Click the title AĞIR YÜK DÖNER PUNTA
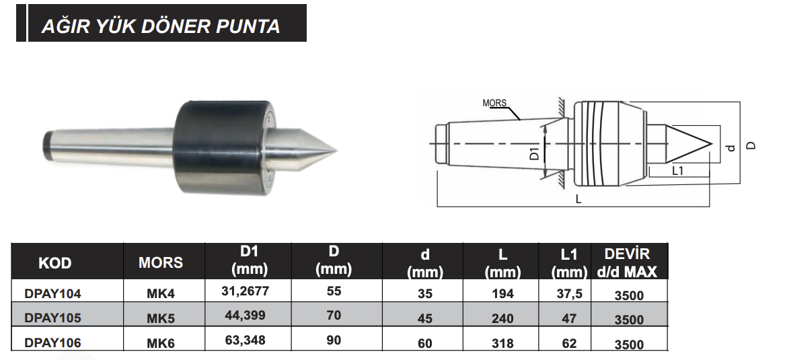click(x=161, y=26)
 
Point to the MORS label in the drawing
click(x=494, y=104)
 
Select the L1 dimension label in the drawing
click(x=678, y=171)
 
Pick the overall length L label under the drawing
click(x=578, y=200)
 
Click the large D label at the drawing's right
click(x=751, y=145)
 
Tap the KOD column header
click(x=55, y=262)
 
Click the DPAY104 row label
click(x=52, y=293)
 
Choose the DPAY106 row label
click(x=52, y=343)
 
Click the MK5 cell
click(x=161, y=318)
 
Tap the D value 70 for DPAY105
click(x=334, y=315)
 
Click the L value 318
click(x=502, y=343)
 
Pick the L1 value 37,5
click(x=569, y=293)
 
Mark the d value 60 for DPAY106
click(x=424, y=343)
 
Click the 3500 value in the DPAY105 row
click(x=629, y=320)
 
